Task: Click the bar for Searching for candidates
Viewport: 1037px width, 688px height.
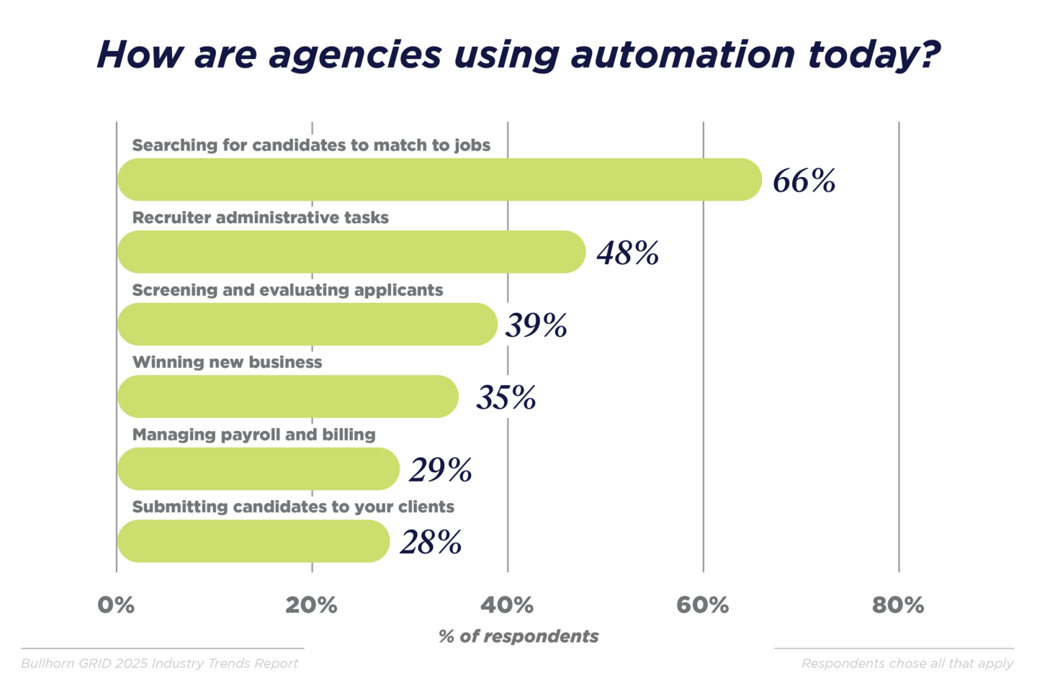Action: pos(439,180)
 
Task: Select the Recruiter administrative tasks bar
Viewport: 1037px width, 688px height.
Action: pos(351,252)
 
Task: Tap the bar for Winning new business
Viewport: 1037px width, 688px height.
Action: pos(288,397)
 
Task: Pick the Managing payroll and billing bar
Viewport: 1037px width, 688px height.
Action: pos(258,469)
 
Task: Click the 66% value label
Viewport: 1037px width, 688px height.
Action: pos(804,181)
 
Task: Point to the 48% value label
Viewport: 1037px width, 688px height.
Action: pos(627,253)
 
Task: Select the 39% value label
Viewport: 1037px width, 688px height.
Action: pos(536,325)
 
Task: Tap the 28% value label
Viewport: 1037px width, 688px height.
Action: pos(431,543)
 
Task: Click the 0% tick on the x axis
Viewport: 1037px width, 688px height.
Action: pos(116,605)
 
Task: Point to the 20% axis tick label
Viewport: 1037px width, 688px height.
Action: pos(311,605)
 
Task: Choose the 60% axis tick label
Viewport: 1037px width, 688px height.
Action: pos(702,605)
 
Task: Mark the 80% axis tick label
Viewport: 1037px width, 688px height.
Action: pos(898,605)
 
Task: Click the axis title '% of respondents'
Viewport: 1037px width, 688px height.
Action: pos(518,636)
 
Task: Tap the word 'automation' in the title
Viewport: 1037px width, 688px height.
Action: pos(683,55)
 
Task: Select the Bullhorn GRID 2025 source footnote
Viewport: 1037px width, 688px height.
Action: pos(159,664)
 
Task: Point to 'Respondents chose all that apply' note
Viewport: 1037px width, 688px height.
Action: pos(907,664)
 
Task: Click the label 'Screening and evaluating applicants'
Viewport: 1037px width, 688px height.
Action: pos(287,290)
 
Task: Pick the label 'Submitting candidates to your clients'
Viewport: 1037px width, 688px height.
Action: pos(293,507)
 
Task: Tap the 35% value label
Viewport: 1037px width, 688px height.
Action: pos(506,398)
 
